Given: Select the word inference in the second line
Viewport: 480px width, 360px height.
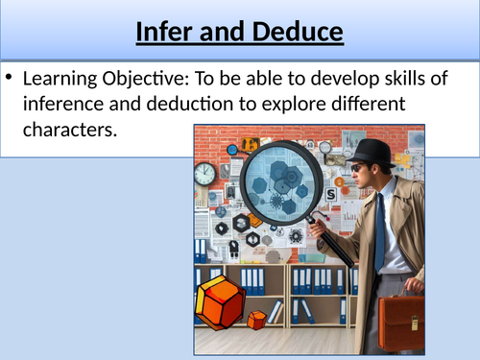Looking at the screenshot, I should click(x=74, y=105).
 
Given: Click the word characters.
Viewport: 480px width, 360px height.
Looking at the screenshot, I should click(x=76, y=129).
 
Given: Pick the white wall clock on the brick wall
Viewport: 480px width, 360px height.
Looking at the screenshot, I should click(x=204, y=174).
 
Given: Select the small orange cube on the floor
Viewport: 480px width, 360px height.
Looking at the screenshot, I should click(x=257, y=320).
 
